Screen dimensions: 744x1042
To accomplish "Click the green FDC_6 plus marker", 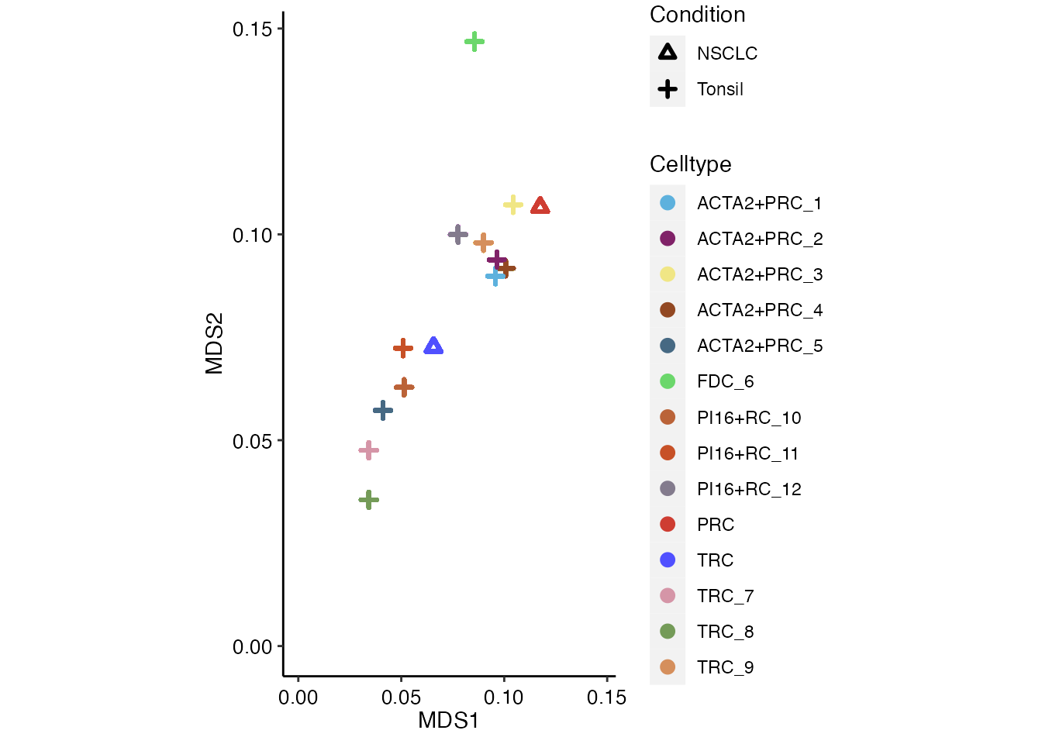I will pos(474,41).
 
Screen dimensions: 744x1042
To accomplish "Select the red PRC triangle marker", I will pos(540,206).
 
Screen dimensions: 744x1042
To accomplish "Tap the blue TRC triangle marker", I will pos(433,346).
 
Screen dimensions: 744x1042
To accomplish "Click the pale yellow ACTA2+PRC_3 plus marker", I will pos(512,205).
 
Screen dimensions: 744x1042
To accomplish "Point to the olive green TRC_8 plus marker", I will pos(369,500).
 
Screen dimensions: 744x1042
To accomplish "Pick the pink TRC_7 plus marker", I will pos(369,450).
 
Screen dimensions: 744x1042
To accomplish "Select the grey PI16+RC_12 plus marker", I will pos(458,234).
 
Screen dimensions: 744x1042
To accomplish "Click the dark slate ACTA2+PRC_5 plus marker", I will pos(383,410).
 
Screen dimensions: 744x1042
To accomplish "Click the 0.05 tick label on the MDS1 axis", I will pos(401,697).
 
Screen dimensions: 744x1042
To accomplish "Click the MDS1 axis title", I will pos(448,721).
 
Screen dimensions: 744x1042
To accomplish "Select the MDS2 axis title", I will pos(214,343).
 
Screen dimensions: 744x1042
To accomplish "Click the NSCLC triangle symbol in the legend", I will pos(668,53).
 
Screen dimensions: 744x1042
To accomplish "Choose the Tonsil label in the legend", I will pos(719,89).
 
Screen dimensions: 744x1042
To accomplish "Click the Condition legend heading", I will pos(697,15).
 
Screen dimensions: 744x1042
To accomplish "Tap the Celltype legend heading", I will pos(690,164).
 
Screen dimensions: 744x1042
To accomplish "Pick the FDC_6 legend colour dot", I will pos(668,381).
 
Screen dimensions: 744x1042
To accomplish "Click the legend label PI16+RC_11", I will pos(747,453).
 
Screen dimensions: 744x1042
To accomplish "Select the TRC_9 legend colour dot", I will pos(668,667).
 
